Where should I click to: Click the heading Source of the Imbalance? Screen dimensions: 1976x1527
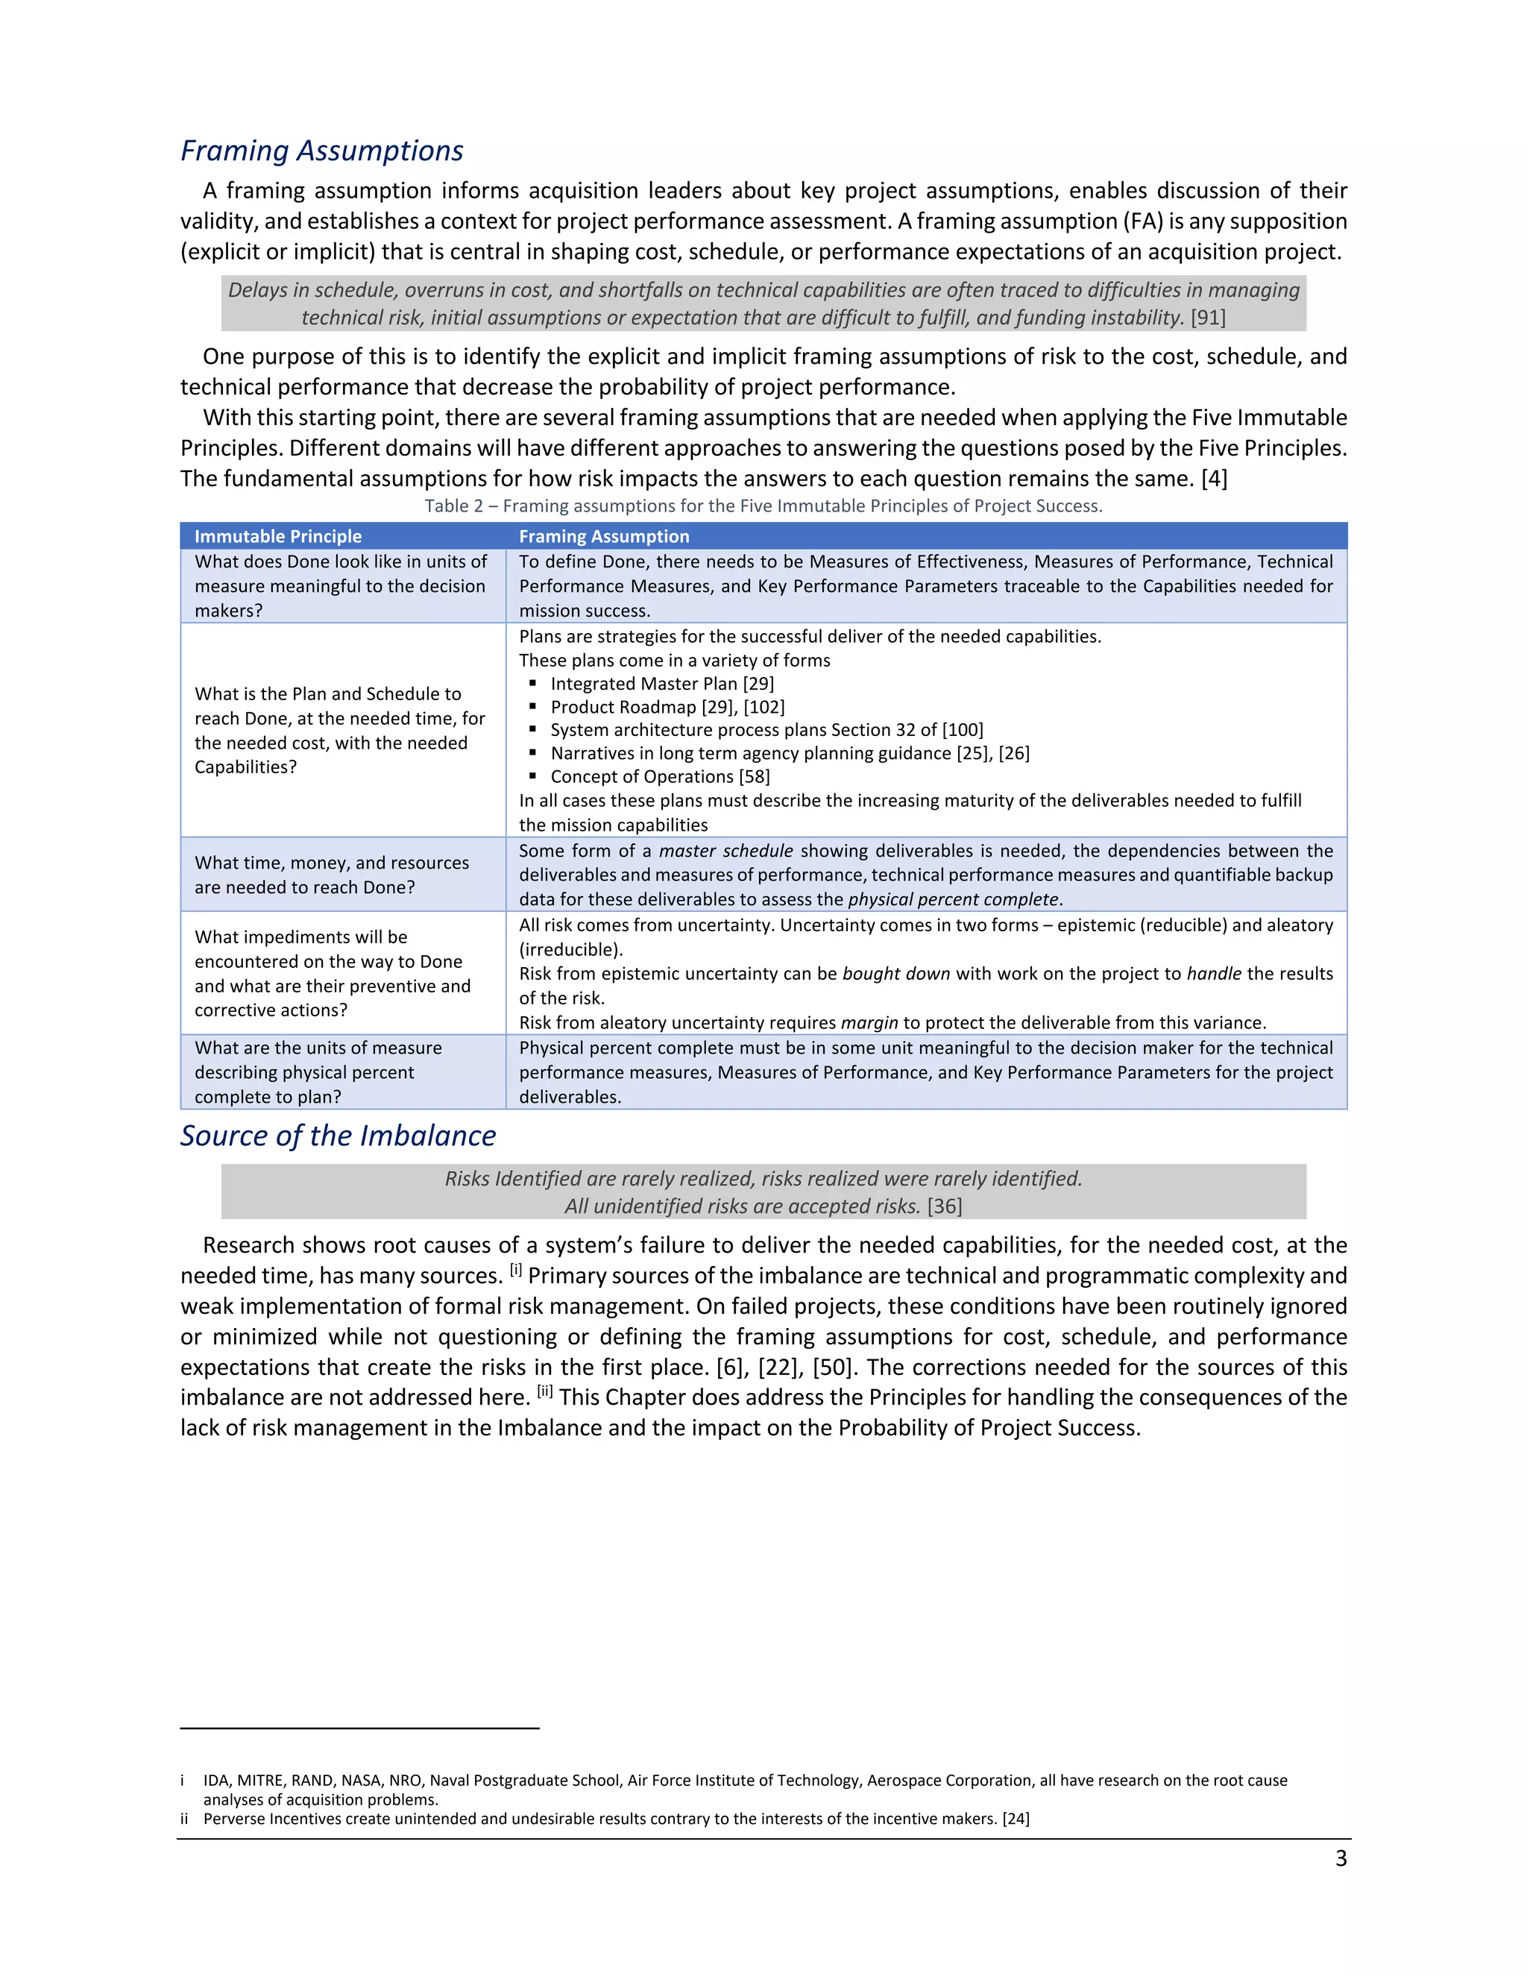tap(338, 1136)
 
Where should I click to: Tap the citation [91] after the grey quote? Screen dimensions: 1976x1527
tap(1208, 318)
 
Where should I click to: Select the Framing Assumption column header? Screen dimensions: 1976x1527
tap(603, 537)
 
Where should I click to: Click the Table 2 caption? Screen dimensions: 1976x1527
tap(763, 506)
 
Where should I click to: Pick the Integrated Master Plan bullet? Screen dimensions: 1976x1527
tap(661, 684)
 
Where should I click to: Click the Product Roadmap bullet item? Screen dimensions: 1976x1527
tap(667, 707)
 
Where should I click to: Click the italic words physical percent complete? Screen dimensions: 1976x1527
tap(953, 899)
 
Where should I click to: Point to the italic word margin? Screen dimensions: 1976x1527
tap(869, 1022)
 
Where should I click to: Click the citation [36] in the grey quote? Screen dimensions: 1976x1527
tap(945, 1206)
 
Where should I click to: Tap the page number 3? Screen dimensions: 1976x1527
tap(1341, 1858)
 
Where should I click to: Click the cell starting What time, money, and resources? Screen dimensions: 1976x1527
tap(331, 875)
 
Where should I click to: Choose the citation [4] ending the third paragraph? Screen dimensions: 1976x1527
tap(1214, 479)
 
